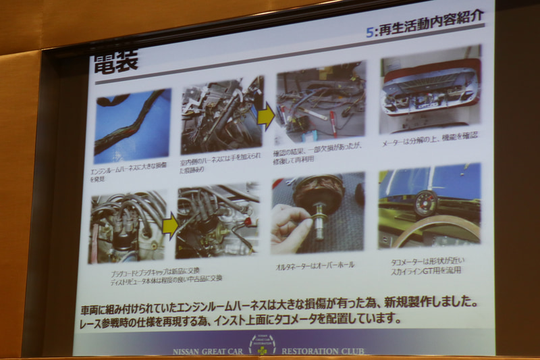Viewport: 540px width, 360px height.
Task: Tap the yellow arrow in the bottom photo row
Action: pyautogui.click(x=171, y=226)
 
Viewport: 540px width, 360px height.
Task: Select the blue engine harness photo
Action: pyautogui.click(x=132, y=125)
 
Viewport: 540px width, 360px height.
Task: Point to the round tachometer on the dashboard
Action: pyautogui.click(x=426, y=202)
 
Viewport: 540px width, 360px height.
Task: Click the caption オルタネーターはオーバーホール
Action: pyautogui.click(x=315, y=265)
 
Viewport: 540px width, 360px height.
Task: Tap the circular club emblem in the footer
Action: pyautogui.click(x=263, y=344)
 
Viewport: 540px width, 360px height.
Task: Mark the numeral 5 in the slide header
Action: pyautogui.click(x=369, y=32)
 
